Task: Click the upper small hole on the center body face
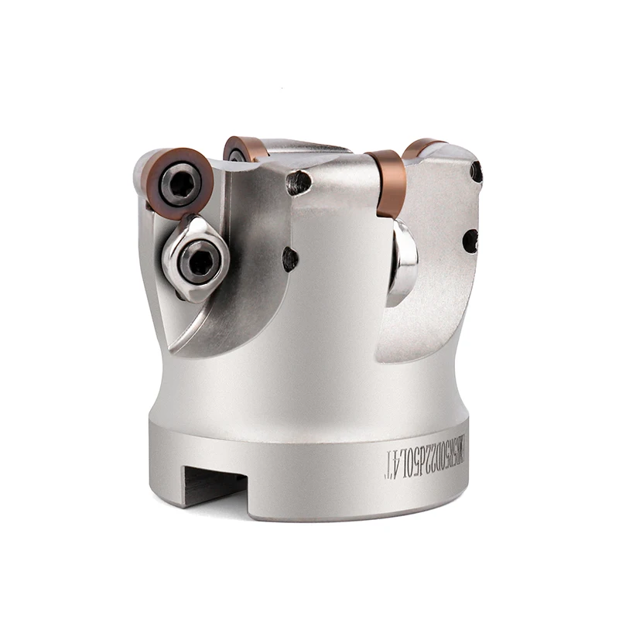[x=299, y=182]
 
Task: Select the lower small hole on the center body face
[x=291, y=258]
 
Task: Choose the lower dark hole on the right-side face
[x=470, y=241]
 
